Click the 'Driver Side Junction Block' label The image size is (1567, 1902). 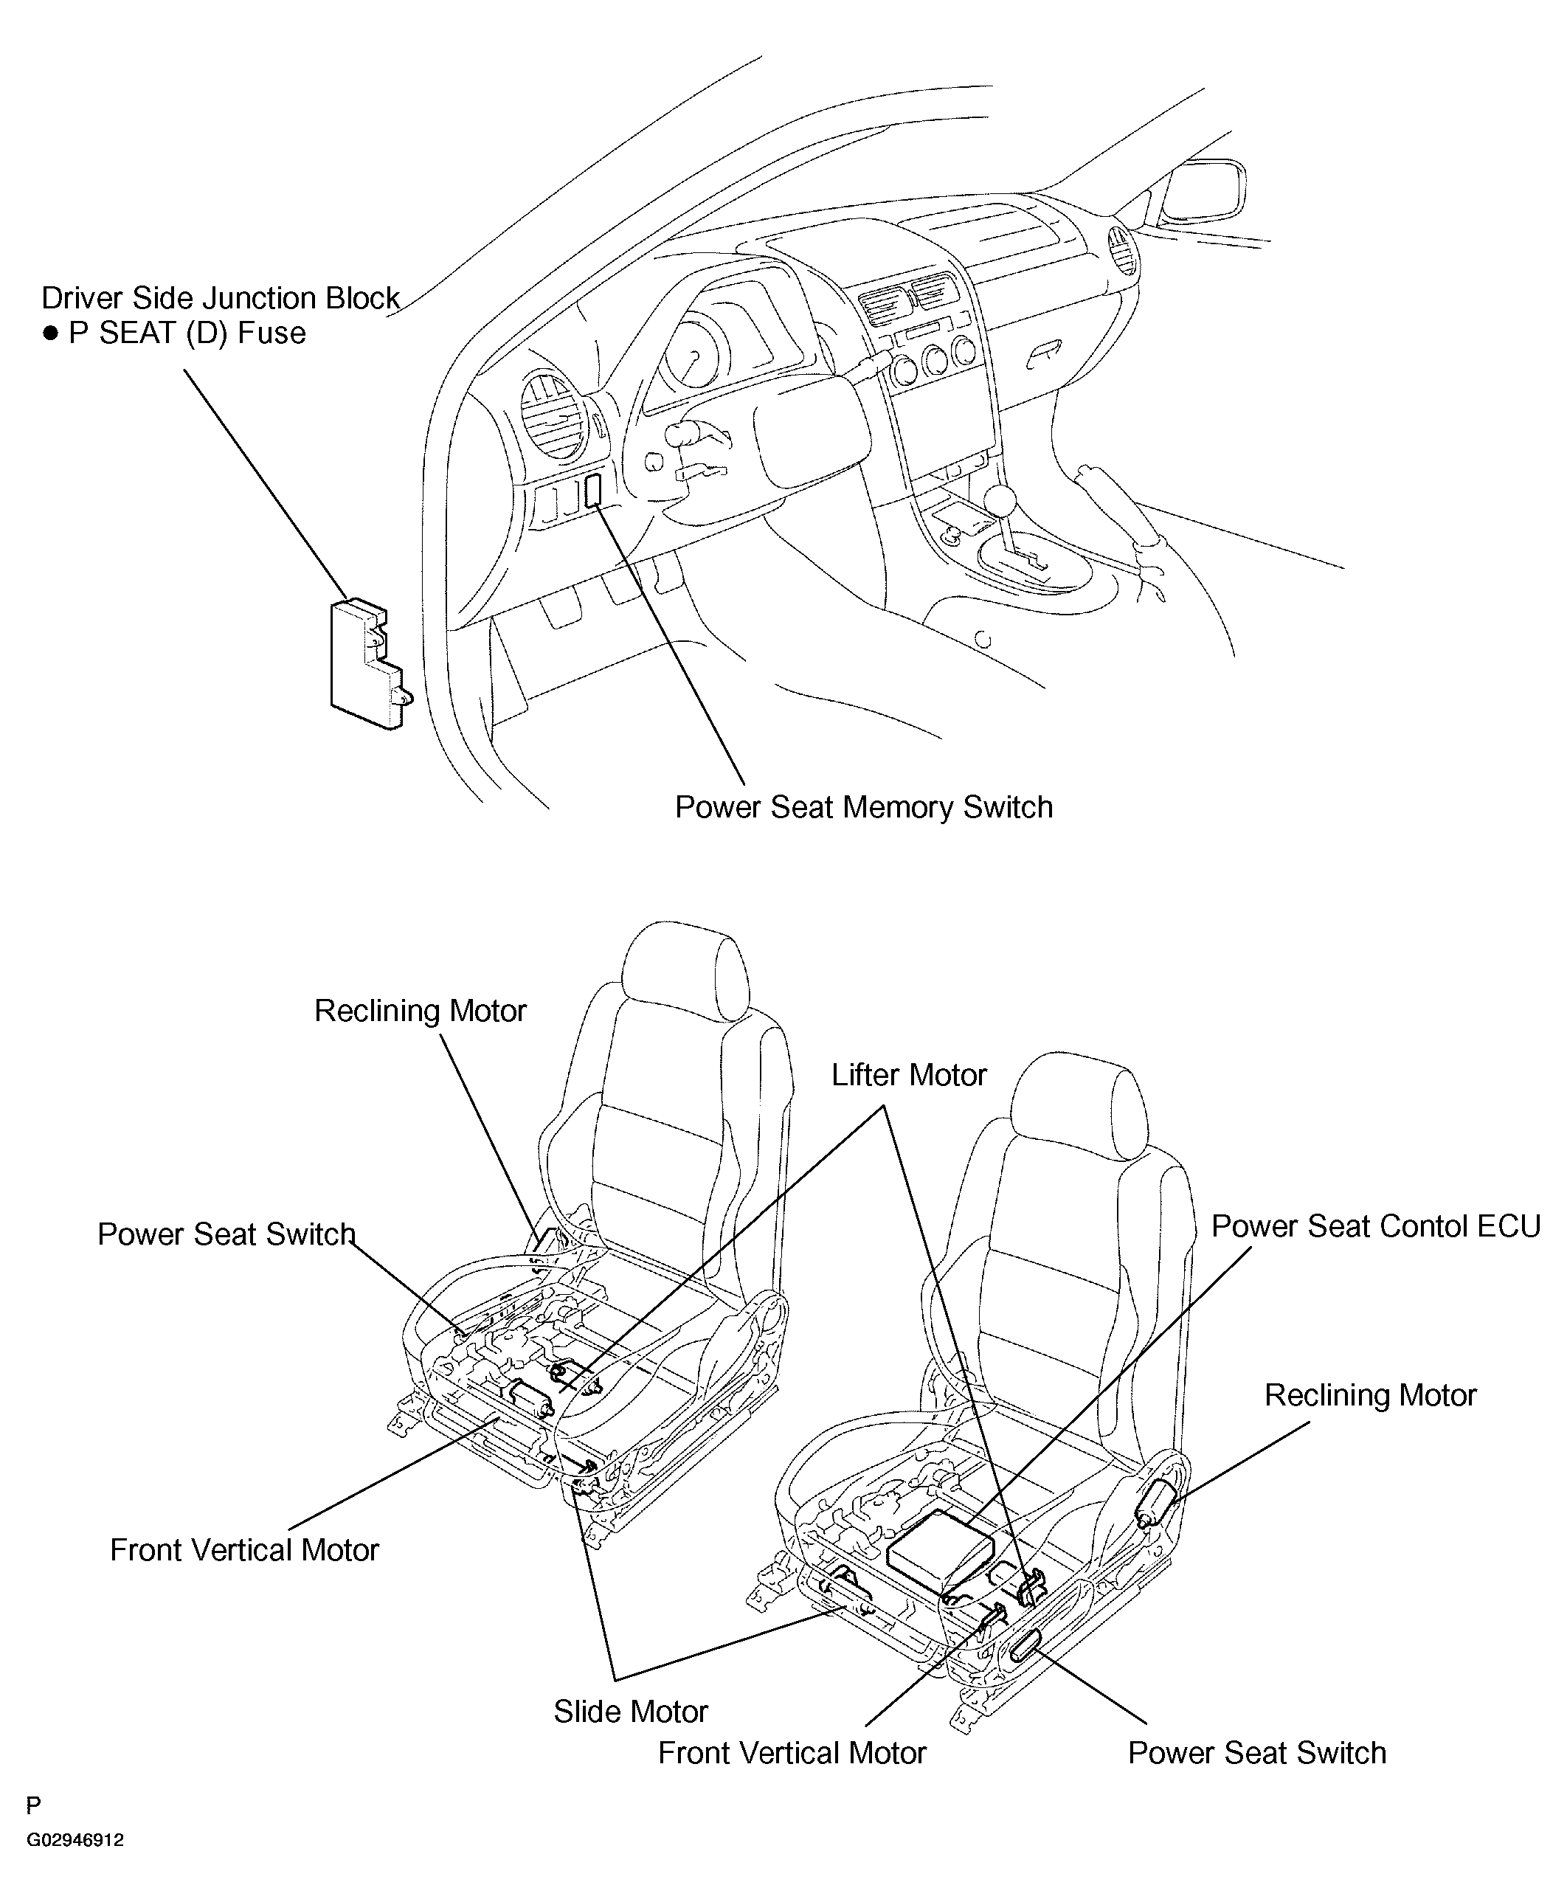[x=221, y=298]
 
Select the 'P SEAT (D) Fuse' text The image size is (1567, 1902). [x=187, y=333]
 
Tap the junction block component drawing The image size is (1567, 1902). [x=366, y=663]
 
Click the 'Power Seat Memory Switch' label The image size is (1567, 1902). [x=864, y=807]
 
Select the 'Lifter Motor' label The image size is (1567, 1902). [x=908, y=1074]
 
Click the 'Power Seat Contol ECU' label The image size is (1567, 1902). [x=1374, y=1226]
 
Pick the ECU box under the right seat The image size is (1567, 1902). [x=941, y=1552]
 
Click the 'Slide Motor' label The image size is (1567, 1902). [x=630, y=1712]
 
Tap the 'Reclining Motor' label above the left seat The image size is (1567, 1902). [x=420, y=1010]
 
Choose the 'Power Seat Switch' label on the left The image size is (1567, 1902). [x=226, y=1234]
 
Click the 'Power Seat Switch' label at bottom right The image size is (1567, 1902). [x=1256, y=1752]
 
